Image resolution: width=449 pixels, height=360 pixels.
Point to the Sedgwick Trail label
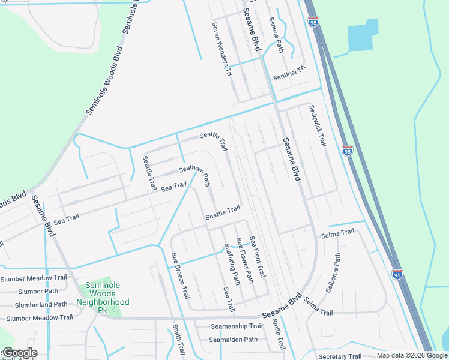(x=318, y=126)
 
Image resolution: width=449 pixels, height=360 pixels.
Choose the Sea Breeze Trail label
(x=181, y=276)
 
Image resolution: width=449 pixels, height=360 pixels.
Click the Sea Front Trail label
(x=258, y=256)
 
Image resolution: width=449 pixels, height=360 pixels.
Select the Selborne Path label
(x=333, y=272)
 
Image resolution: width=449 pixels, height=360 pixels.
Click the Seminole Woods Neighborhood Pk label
(x=102, y=295)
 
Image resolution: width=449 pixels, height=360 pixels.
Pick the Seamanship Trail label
(x=237, y=326)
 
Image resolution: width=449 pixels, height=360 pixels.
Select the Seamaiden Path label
(x=233, y=340)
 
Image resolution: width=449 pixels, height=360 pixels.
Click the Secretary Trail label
(x=341, y=356)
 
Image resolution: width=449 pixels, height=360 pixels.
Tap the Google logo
(x=20, y=353)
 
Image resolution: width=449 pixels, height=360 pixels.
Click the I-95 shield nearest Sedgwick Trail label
(x=348, y=151)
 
